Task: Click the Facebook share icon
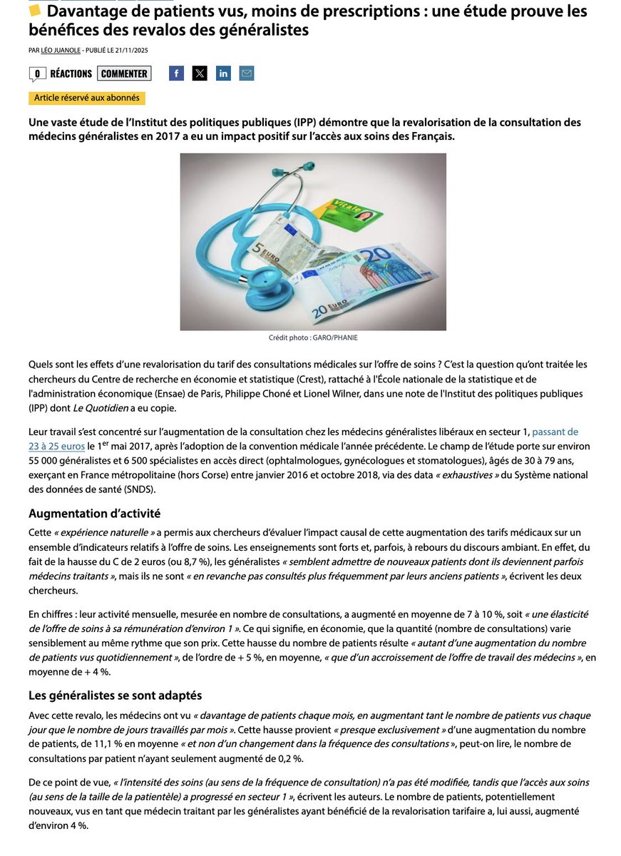(x=176, y=73)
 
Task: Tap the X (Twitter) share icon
(x=200, y=73)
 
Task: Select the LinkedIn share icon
(x=223, y=73)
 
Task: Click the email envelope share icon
(x=247, y=73)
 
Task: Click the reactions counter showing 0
(x=37, y=74)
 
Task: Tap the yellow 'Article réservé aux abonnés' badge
(x=87, y=98)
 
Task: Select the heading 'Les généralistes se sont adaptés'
(x=116, y=695)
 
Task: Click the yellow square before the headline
(x=35, y=11)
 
